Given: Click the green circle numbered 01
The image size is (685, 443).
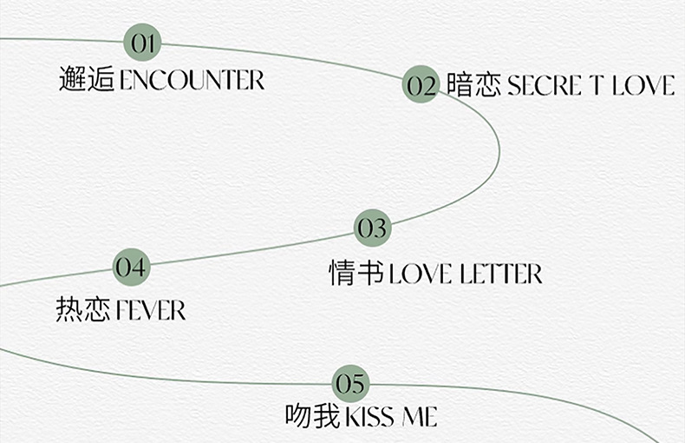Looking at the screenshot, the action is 142,43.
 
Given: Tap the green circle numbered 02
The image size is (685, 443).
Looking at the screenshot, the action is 421,85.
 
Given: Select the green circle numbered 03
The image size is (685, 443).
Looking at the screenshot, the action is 372,228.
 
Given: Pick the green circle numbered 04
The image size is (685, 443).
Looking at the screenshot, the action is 132,267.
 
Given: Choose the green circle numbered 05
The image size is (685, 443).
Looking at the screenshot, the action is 351,383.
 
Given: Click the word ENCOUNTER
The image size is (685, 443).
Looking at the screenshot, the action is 192,81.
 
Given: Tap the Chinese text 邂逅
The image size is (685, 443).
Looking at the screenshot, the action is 87,80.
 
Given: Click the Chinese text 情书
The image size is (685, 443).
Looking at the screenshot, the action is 356,273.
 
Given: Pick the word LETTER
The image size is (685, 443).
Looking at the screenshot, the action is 501,274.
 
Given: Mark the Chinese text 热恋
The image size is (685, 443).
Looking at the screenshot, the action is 83,309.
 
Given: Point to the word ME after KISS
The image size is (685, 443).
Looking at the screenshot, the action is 419,417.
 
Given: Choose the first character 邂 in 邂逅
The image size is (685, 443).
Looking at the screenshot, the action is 73,80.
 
